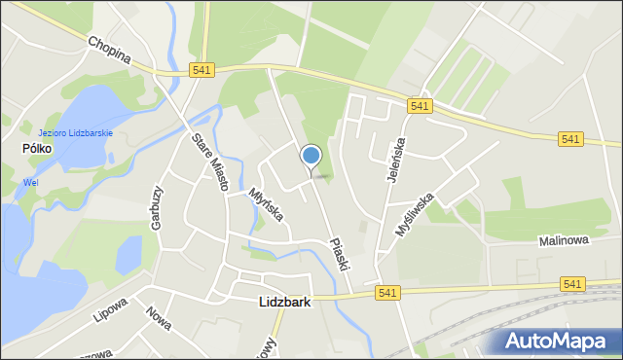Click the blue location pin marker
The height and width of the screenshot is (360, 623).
click(x=311, y=156)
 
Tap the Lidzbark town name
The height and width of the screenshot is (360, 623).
click(x=285, y=303)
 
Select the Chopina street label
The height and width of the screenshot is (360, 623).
click(x=108, y=50)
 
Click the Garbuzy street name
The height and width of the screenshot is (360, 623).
click(x=156, y=207)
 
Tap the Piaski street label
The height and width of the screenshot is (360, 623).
click(x=339, y=254)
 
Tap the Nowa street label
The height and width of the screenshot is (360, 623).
click(x=157, y=319)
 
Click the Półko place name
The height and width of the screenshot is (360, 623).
click(x=37, y=148)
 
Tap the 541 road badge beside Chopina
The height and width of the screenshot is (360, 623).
click(x=202, y=70)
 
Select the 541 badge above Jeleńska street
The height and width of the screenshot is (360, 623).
click(x=421, y=106)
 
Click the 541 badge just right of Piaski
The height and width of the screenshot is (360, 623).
click(x=387, y=292)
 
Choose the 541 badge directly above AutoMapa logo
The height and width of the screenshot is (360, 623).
click(x=573, y=283)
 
